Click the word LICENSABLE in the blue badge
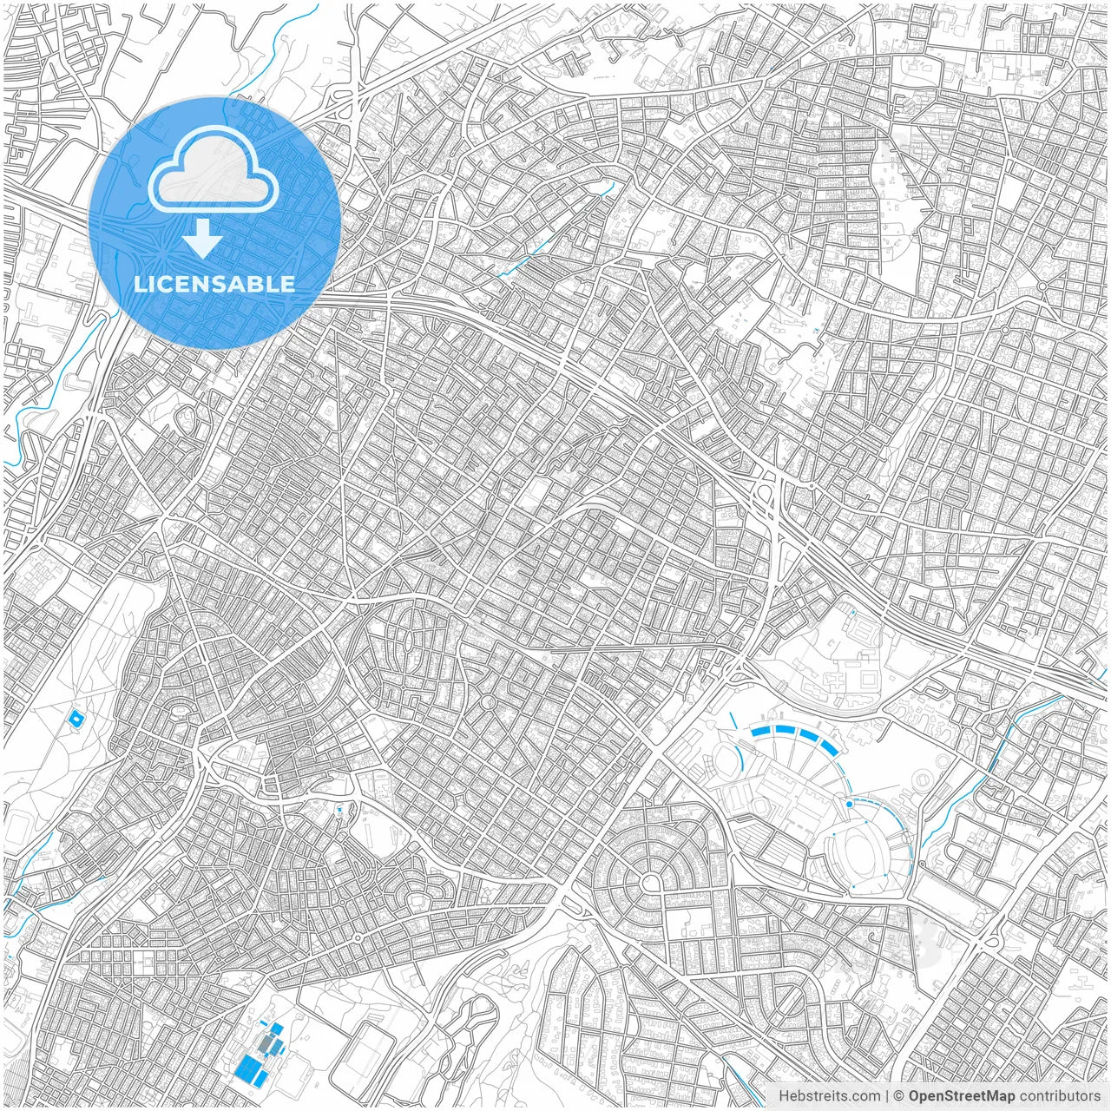(x=214, y=284)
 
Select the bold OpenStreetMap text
(x=961, y=1096)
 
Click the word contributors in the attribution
(x=1060, y=1096)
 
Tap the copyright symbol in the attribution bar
(x=899, y=1096)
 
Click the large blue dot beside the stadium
(x=849, y=805)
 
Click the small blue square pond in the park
(x=76, y=719)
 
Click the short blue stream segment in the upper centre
(x=521, y=258)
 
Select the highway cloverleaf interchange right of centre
(x=767, y=499)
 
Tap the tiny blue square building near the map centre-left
(x=339, y=810)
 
